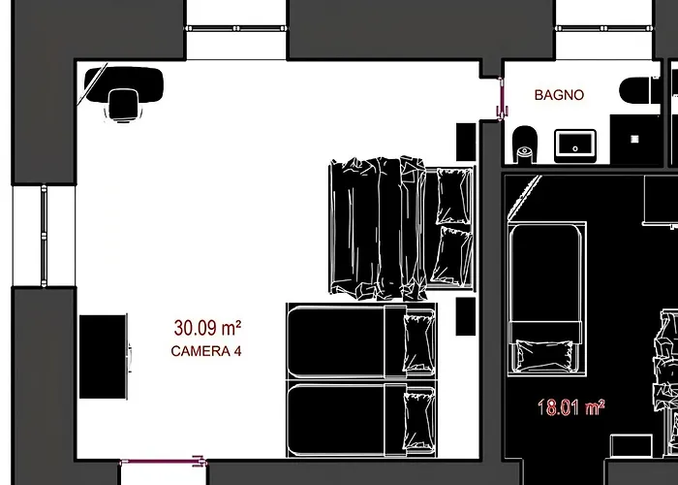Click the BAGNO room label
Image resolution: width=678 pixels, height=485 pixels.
[x=559, y=95]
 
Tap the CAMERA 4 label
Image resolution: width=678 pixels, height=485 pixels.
[x=206, y=351]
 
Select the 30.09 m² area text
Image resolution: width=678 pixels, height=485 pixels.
[x=207, y=328]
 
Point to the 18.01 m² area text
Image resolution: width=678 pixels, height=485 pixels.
[x=570, y=407]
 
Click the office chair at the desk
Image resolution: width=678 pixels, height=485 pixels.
[x=124, y=105]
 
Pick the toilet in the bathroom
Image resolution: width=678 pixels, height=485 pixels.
[x=525, y=145]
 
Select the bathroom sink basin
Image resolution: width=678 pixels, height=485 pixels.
[x=575, y=145]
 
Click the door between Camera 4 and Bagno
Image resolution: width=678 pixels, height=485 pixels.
[x=501, y=99]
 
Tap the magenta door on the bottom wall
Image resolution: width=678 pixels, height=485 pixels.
[x=163, y=462]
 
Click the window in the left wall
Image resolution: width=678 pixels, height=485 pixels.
[x=44, y=236]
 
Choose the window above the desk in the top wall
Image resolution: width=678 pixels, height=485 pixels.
[x=236, y=28]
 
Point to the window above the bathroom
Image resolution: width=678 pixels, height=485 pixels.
[x=604, y=28]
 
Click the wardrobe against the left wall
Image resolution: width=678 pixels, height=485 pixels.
[x=103, y=357]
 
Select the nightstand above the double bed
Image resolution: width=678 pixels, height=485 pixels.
[x=466, y=142]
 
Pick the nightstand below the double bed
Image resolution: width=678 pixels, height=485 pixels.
[x=466, y=316]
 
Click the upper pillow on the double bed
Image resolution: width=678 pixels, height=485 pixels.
[x=453, y=196]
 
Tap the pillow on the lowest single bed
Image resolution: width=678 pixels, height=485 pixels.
[x=419, y=420]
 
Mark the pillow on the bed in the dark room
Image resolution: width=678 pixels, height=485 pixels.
[x=544, y=356]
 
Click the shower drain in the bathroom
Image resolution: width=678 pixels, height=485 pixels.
[x=634, y=139]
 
